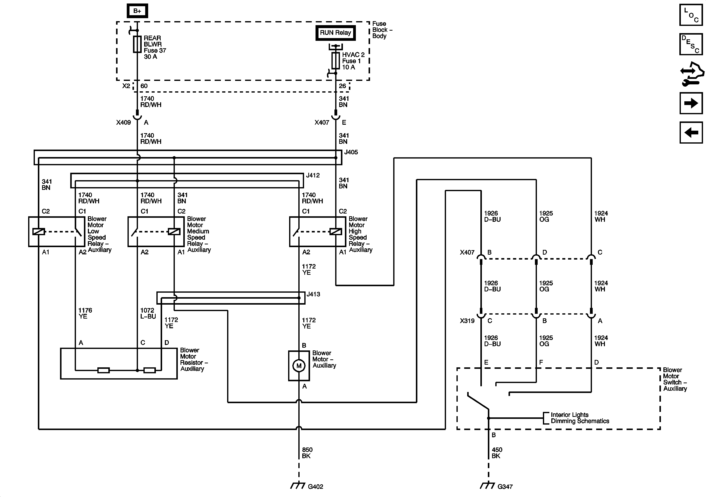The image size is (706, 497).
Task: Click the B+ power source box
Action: click(137, 11)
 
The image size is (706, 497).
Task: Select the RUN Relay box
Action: click(335, 33)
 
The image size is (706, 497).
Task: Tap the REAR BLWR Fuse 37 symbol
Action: click(137, 44)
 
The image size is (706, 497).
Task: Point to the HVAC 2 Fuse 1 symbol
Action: click(335, 60)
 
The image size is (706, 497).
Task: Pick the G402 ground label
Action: click(316, 487)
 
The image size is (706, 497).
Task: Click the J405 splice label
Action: click(351, 152)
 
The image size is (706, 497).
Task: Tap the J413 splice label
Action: click(313, 294)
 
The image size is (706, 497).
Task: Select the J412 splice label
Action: click(313, 175)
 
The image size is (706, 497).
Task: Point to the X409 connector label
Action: click(123, 122)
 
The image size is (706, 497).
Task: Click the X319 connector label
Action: click(467, 321)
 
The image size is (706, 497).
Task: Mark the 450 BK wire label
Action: click(497, 453)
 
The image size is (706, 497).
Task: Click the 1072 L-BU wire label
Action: click(148, 313)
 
